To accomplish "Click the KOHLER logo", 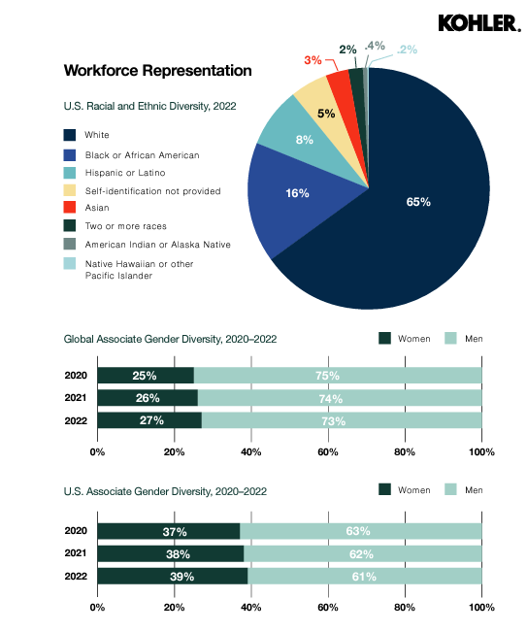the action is click(479, 23).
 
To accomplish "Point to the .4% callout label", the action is click(375, 46).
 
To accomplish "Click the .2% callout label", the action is click(407, 50).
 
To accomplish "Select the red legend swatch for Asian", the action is click(70, 207).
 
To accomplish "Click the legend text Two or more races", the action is click(126, 226).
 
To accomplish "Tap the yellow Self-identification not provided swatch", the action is click(70, 190).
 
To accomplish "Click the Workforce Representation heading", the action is click(158, 71).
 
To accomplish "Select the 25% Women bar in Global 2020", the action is click(146, 376).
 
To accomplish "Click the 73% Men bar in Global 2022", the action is click(342, 420).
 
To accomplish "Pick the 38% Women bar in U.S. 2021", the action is click(171, 553).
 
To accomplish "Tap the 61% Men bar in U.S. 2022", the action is click(365, 576).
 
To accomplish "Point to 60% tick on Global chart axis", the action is click(328, 451).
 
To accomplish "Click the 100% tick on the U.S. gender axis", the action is click(482, 608).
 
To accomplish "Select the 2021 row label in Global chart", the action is click(76, 398).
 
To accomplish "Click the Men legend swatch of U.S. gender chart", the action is click(451, 489).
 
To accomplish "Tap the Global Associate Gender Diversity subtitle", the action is click(170, 339).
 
